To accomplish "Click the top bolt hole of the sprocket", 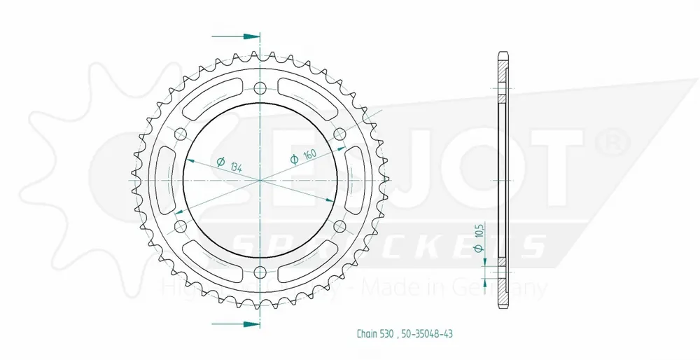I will [260, 88].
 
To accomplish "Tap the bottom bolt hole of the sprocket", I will [260, 272].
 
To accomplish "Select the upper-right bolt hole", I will [340, 134].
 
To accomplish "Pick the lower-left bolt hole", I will [180, 226].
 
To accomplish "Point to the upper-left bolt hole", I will [180, 134].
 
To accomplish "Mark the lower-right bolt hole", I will [340, 226].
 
